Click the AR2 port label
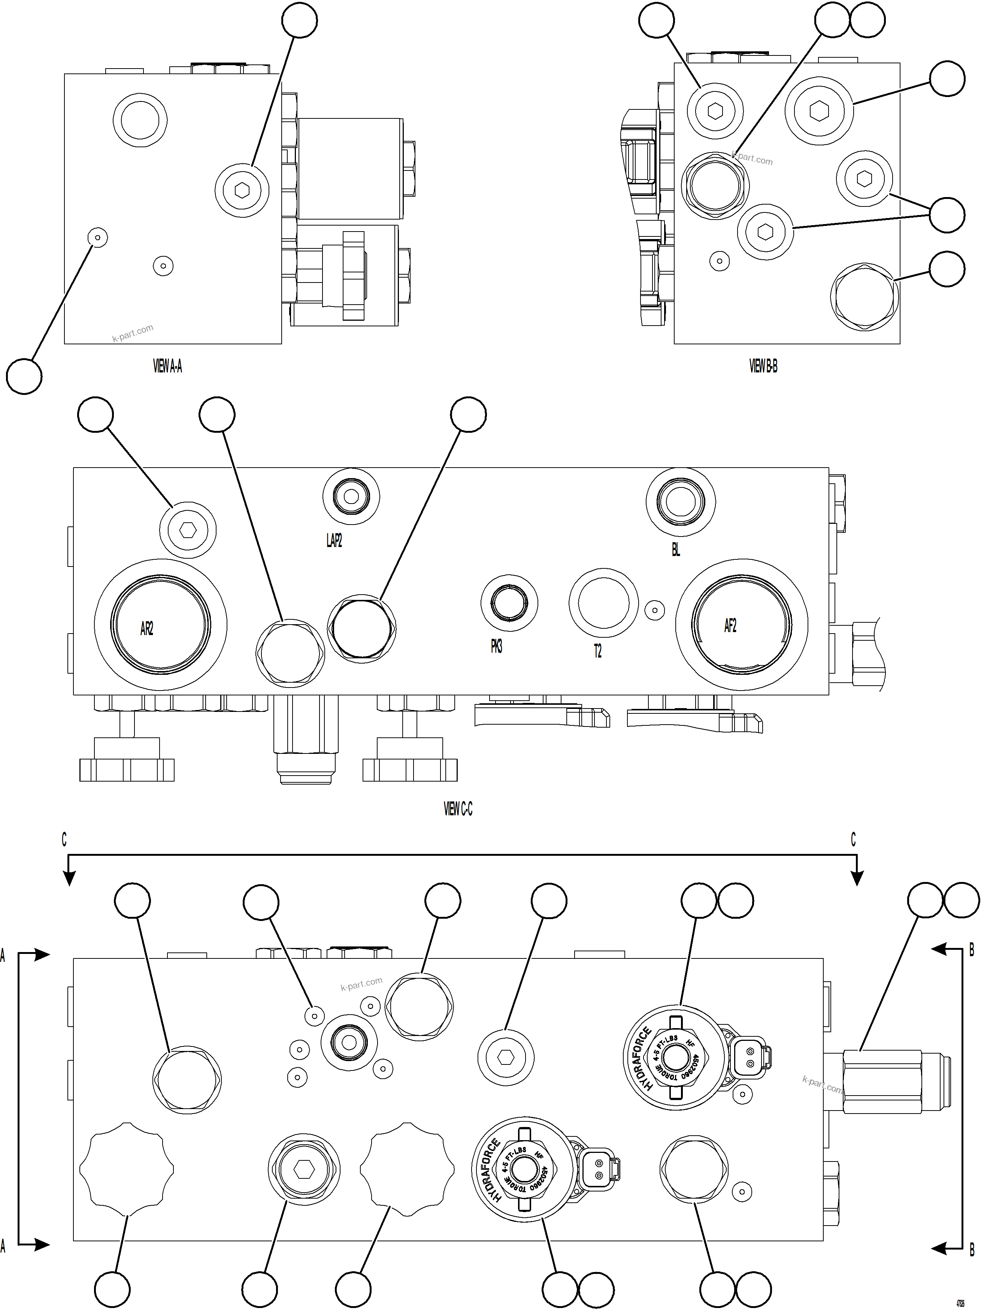(147, 629)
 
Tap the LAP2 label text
(334, 540)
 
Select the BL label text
(676, 549)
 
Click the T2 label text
(598, 651)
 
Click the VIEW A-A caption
(168, 366)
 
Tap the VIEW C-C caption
(458, 809)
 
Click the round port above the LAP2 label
(351, 497)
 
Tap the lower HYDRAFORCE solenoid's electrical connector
(600, 1168)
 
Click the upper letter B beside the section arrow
(972, 951)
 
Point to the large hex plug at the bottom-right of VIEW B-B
(864, 296)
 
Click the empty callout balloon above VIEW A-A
(299, 20)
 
